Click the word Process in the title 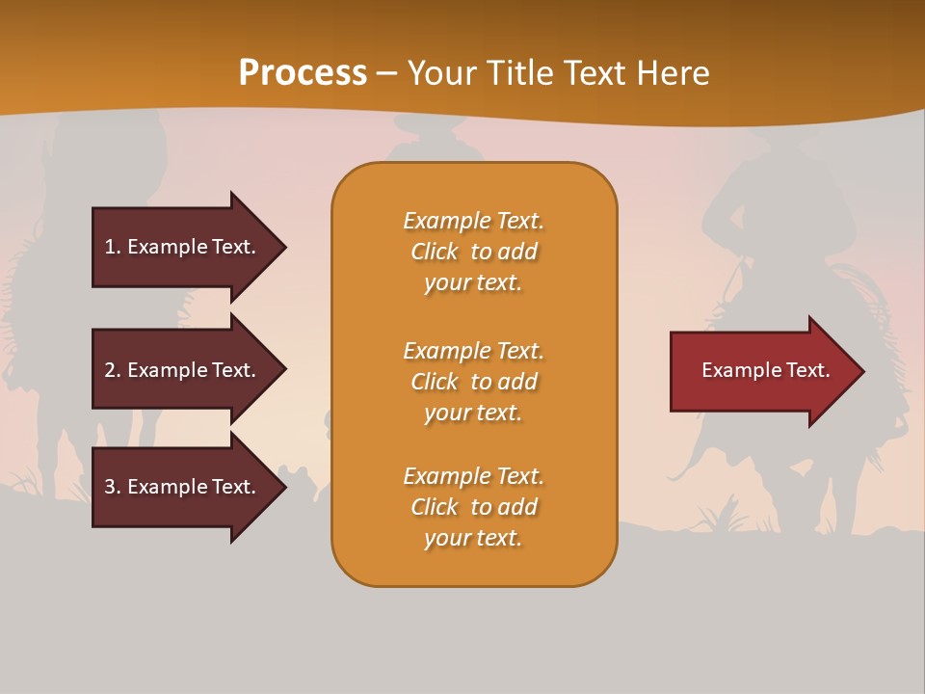[303, 73]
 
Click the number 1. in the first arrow [113, 247]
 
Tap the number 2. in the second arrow [113, 370]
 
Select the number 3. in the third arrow [113, 487]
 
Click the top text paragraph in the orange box [473, 252]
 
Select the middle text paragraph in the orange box [473, 382]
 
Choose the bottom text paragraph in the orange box [473, 507]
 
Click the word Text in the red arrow [808, 370]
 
